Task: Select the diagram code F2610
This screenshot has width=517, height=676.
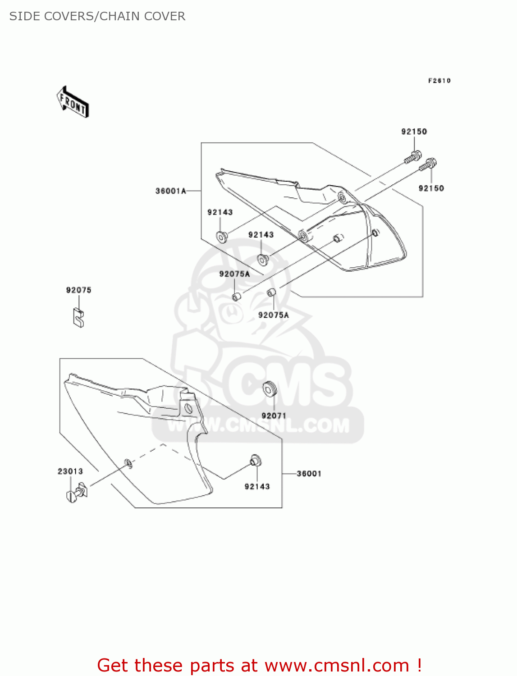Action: coord(439,81)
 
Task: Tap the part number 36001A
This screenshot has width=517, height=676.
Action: coord(170,191)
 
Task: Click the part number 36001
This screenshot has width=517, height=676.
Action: coord(309,474)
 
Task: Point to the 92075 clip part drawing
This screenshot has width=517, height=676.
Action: coord(78,317)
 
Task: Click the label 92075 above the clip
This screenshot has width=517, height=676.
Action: coord(78,290)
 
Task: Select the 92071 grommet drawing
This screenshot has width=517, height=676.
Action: coord(270,388)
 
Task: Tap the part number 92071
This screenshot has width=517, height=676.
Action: coord(274,416)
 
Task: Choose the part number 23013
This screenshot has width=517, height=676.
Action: coord(70,471)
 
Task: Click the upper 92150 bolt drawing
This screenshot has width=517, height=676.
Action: coord(413,157)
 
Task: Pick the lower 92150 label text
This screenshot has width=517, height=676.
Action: coord(431,188)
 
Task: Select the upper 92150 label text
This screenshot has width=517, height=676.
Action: coord(414,132)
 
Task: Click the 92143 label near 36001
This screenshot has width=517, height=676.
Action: coord(257,487)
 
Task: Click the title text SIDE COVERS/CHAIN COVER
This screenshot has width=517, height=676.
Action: coord(97,16)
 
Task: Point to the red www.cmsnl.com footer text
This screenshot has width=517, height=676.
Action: coord(259,665)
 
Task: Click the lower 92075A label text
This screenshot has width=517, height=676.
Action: coord(273,315)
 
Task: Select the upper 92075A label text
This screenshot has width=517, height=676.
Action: coord(234,274)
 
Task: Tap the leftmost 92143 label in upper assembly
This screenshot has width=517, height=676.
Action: coord(220,212)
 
